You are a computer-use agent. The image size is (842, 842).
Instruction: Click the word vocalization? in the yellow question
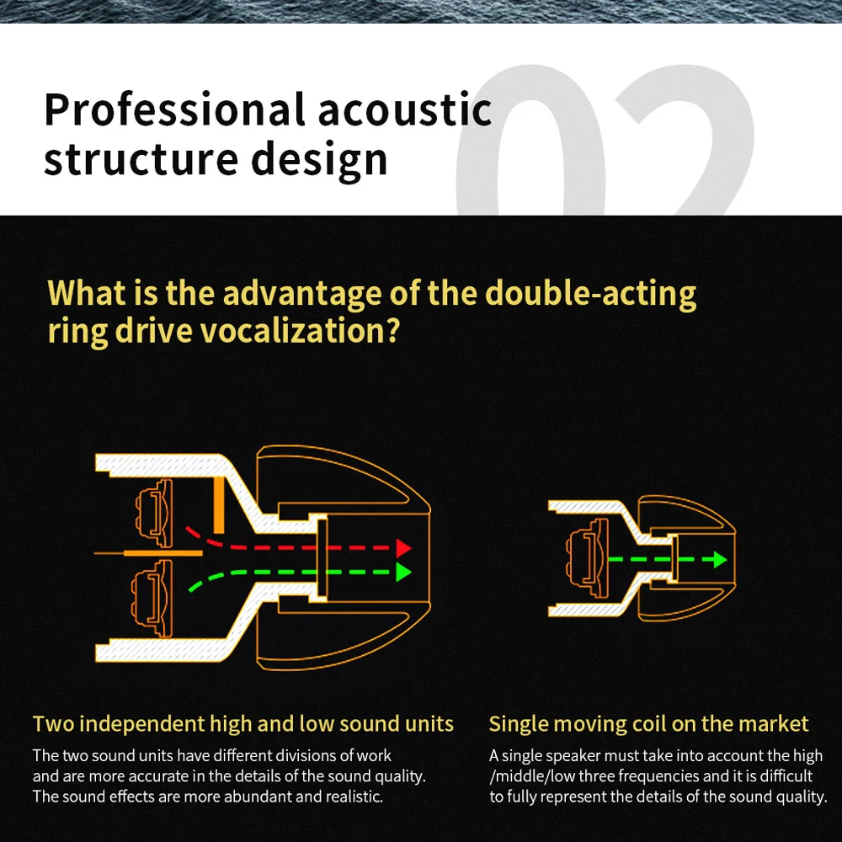(x=300, y=331)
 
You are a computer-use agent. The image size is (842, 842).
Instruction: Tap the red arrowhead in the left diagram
(x=403, y=548)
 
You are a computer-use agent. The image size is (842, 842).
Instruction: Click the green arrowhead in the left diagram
(x=403, y=573)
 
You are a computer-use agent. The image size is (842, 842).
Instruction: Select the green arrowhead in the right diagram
(x=718, y=559)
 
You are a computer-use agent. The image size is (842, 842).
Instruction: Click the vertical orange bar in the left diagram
(x=218, y=504)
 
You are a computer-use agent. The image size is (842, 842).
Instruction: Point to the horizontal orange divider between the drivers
(x=163, y=553)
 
